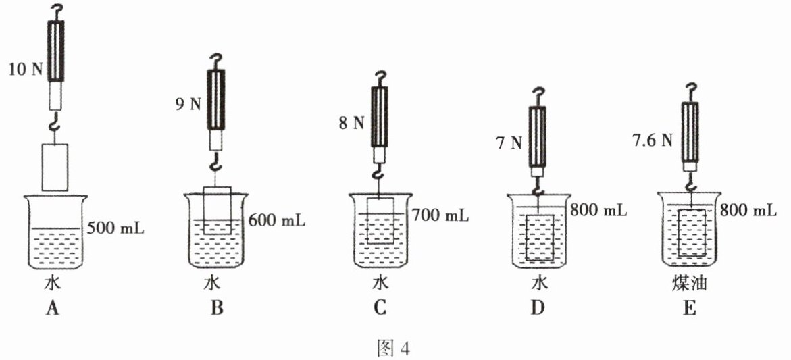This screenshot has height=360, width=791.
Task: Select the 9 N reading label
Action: (x=183, y=105)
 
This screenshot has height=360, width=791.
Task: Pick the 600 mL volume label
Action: (x=276, y=220)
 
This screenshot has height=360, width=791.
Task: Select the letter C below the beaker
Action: (x=380, y=309)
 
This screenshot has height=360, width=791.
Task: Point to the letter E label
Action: (x=690, y=309)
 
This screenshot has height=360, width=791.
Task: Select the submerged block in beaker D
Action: (x=540, y=237)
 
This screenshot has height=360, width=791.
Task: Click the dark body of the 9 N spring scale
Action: (x=216, y=99)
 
